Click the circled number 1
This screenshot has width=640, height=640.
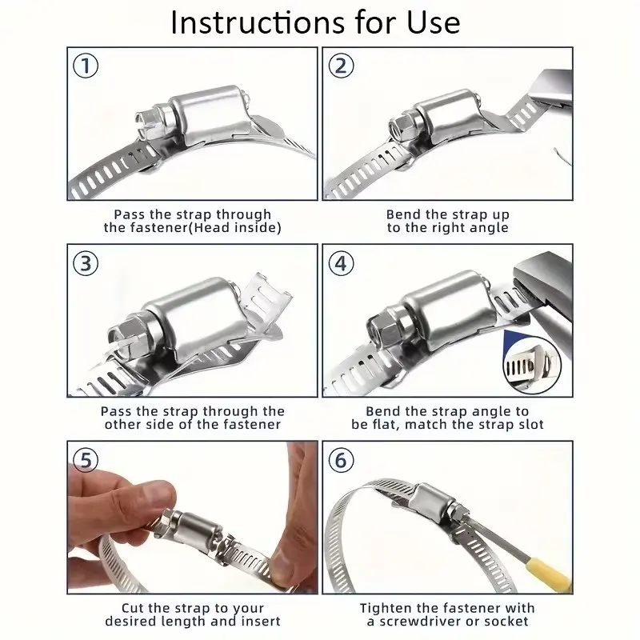click(x=86, y=66)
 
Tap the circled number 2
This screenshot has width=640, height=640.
click(x=342, y=66)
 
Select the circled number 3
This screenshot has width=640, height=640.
click(x=86, y=263)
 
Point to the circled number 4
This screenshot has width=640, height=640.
click(x=342, y=263)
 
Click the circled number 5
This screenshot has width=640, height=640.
click(x=86, y=460)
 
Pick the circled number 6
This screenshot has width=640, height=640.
click(x=342, y=460)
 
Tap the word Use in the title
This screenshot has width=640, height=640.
click(x=434, y=22)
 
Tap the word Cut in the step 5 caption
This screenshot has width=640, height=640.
click(x=133, y=608)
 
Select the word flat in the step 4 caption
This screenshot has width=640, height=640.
click(x=386, y=425)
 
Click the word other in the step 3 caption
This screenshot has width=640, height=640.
click(x=122, y=425)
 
